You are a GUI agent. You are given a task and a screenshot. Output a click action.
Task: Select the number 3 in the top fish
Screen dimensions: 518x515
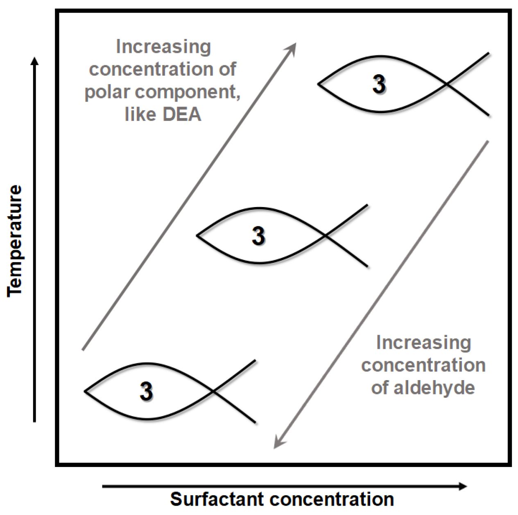379,84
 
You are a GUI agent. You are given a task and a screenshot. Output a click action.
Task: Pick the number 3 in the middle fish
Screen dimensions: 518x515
258,236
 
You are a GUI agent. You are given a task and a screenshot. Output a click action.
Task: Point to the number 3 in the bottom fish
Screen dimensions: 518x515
147,391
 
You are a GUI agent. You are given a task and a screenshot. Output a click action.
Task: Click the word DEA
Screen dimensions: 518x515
182,115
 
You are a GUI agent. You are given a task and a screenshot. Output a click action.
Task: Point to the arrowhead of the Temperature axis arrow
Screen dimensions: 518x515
35,61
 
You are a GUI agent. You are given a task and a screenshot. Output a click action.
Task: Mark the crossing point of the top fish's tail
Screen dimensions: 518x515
446,85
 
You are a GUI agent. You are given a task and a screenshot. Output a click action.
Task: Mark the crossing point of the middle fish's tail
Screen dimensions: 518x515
325,236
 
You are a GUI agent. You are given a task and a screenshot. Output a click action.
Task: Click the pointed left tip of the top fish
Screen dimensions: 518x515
319,84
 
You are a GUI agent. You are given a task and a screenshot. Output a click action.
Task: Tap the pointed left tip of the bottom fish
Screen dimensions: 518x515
85,391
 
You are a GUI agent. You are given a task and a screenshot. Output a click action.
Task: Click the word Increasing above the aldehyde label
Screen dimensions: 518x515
423,343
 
